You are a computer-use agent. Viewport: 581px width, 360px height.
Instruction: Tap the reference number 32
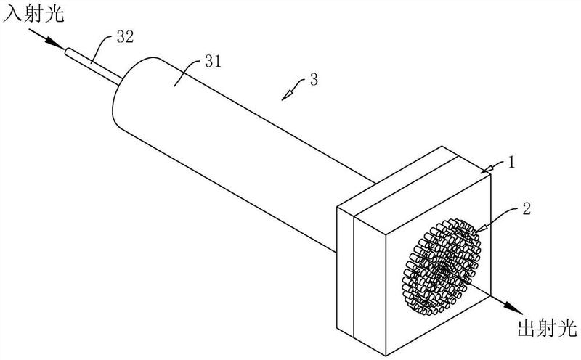tap(124, 38)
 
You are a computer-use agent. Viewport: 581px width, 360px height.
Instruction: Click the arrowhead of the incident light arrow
tap(56, 44)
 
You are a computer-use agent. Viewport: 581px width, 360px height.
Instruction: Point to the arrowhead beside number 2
tap(479, 226)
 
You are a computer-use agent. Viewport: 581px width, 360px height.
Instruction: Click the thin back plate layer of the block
tap(346, 272)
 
